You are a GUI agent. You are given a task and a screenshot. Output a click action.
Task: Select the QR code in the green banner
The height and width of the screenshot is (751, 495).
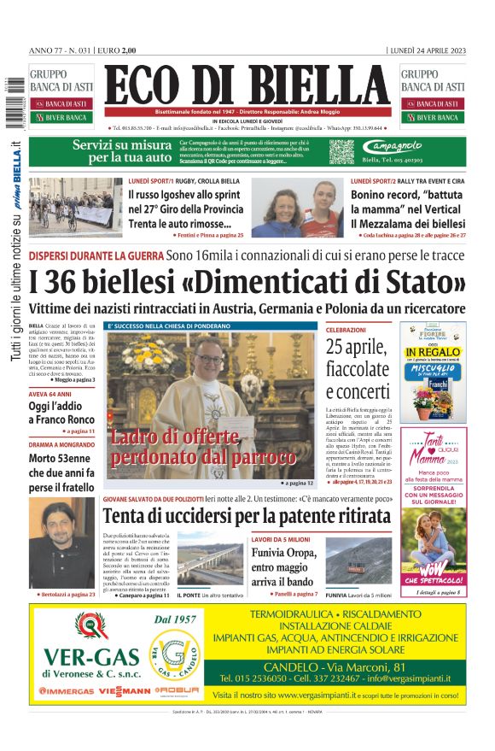(341, 151)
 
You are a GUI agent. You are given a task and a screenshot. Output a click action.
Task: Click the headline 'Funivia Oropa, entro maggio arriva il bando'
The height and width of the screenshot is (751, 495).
(283, 565)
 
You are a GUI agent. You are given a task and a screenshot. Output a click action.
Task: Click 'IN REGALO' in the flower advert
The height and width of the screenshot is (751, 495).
(434, 351)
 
